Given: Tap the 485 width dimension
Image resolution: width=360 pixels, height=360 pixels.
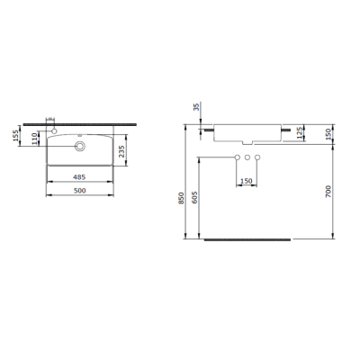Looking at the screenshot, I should click(80, 177).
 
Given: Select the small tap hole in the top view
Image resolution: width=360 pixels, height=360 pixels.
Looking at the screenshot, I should click(56, 130).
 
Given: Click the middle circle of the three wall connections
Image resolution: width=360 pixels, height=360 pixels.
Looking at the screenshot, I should click(245, 158).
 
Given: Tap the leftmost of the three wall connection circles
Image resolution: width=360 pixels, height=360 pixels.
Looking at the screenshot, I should click(232, 158).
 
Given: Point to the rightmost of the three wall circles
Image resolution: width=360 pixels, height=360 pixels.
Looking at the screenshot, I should click(257, 158).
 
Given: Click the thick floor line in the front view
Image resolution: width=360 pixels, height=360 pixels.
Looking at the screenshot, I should click(249, 240).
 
